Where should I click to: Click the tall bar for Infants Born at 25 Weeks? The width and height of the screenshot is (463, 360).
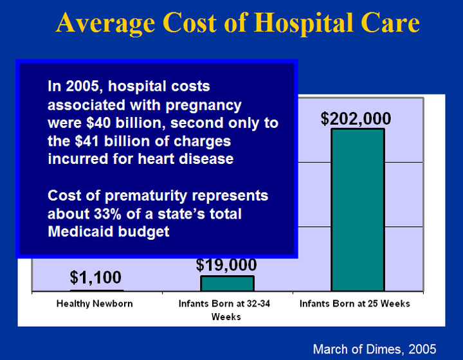[358, 210]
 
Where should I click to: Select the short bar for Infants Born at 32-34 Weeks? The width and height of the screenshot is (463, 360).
[227, 283]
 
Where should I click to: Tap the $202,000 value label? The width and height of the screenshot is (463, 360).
[356, 119]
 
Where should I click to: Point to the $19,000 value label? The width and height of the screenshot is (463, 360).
[226, 265]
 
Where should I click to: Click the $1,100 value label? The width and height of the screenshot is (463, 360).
[96, 278]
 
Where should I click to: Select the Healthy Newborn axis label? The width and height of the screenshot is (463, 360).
[95, 303]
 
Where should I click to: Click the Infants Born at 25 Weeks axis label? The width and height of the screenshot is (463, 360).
[354, 303]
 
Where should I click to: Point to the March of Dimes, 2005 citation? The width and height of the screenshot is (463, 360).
[374, 349]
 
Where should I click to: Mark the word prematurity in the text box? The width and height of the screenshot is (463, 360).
[150, 195]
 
